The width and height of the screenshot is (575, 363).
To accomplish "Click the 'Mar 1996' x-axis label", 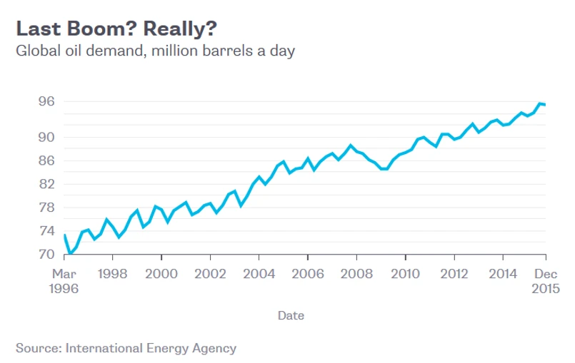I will pyautogui.click(x=64, y=281).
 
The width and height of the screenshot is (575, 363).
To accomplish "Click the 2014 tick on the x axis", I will pyautogui.click(x=504, y=274).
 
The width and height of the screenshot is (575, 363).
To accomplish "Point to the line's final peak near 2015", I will pyautogui.click(x=540, y=103).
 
